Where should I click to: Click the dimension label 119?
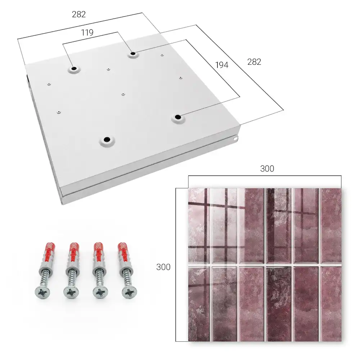87,33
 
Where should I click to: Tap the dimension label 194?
222,65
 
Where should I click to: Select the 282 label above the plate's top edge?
79,14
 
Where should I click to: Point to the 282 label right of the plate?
254,62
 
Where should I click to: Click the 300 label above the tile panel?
267,169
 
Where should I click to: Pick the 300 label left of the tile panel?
163,267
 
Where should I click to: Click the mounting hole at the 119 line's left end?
74,69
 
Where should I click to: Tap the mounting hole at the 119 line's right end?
133,54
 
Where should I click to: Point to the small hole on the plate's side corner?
235,139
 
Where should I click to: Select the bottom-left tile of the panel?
199,303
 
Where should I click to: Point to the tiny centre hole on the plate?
123,94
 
